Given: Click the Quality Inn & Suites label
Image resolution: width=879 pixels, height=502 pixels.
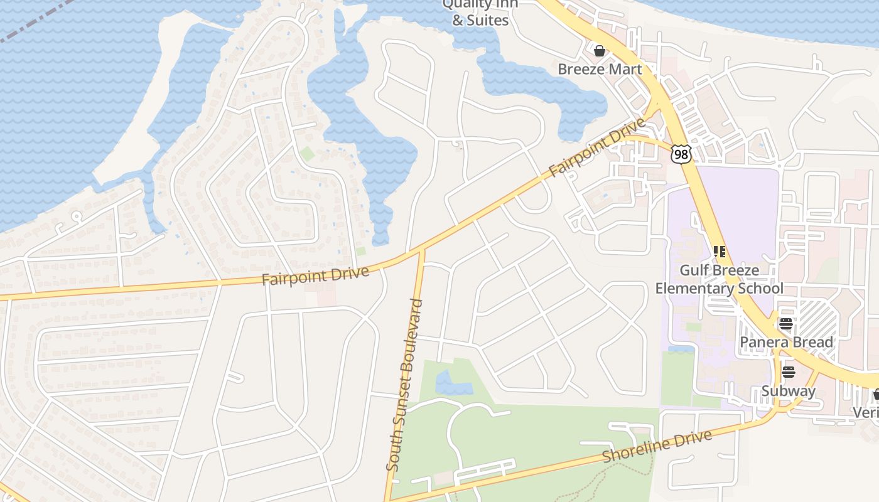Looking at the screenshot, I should tap(480, 13).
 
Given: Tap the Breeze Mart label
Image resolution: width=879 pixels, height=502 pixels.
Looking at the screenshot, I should tap(600, 69).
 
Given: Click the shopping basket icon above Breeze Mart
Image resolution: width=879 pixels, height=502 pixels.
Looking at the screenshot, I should tap(600, 50).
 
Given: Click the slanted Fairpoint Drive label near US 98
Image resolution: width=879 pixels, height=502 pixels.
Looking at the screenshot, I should tap(597, 147).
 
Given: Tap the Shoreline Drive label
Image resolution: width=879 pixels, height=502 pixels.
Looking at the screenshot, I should tap(657, 446).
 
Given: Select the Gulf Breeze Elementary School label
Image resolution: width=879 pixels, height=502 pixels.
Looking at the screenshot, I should tap(720, 279).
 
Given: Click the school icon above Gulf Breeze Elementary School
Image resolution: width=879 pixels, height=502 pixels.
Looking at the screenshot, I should tap(720, 252).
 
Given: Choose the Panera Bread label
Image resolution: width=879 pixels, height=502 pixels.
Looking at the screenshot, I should tap(786, 342).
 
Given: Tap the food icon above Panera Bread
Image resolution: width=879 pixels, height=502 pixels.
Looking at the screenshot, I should tap(786, 324).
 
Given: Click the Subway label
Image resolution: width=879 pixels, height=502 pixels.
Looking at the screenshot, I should tap(789, 391).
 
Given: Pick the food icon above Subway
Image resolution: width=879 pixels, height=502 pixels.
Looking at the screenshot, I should tap(789, 372).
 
